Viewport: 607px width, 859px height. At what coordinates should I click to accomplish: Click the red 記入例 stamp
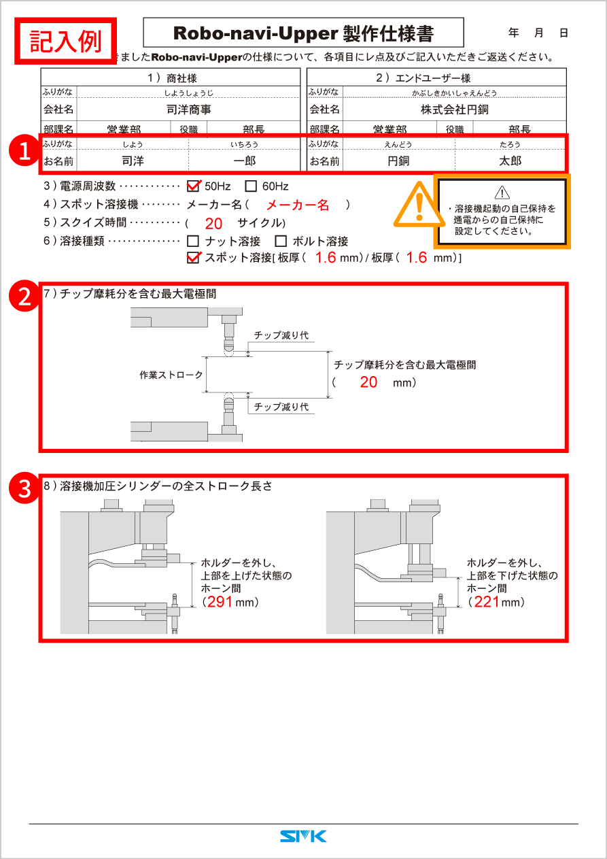click(66, 41)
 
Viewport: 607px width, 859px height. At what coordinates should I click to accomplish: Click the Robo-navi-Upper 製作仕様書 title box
click(303, 33)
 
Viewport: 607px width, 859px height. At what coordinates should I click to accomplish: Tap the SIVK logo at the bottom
click(303, 836)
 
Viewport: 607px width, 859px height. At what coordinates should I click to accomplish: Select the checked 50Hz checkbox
click(193, 186)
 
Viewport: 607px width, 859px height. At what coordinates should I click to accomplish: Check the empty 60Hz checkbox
click(250, 186)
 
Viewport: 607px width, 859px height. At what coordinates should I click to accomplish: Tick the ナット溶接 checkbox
click(193, 241)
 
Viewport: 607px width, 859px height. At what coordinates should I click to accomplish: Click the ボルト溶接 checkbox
click(281, 241)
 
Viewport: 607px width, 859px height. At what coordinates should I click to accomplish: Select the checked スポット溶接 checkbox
click(193, 258)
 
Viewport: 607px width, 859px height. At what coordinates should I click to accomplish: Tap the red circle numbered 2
click(24, 297)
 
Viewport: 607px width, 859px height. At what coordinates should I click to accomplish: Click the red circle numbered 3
click(24, 489)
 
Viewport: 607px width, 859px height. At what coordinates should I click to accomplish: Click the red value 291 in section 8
click(220, 602)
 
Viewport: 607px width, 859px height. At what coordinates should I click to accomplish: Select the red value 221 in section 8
click(487, 602)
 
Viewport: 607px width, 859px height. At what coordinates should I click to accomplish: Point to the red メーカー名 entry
click(297, 205)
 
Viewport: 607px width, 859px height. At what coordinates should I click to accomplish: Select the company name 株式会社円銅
click(454, 110)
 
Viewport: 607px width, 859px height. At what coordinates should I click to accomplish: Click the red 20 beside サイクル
click(213, 223)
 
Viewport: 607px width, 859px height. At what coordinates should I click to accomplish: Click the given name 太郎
click(510, 161)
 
